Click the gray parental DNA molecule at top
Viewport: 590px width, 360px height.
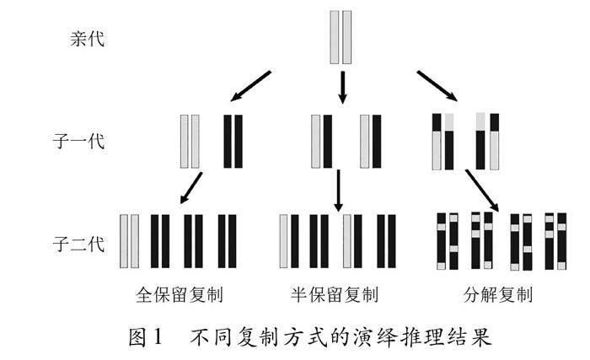[x=341, y=38]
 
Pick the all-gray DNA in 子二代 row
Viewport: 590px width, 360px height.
[x=129, y=241]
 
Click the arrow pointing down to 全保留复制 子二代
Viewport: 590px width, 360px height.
[x=191, y=188]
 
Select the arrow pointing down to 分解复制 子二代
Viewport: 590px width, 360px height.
[x=482, y=191]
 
